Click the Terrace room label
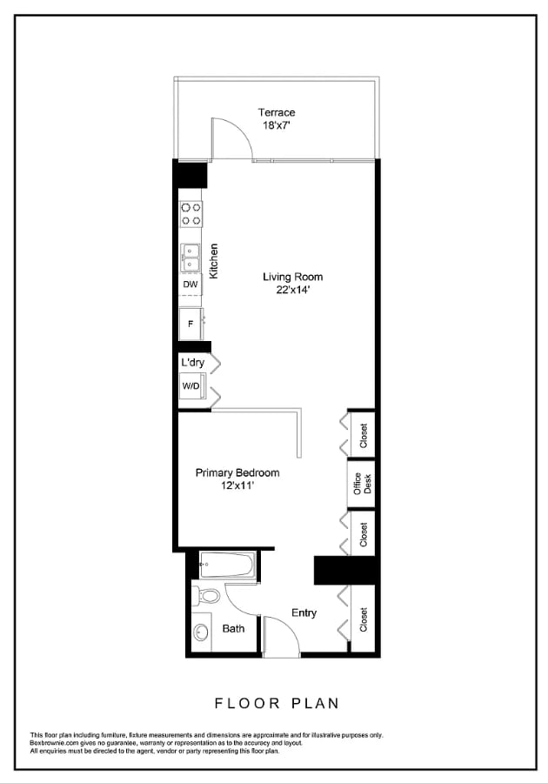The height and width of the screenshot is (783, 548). point(277,112)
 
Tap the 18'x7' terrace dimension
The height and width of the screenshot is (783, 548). point(277,125)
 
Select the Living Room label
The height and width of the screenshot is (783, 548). point(287,278)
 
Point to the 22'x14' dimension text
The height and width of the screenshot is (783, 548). point(287,291)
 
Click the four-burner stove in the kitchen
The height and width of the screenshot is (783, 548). point(190,213)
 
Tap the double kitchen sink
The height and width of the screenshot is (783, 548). point(190,258)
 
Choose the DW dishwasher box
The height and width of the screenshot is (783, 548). point(190,284)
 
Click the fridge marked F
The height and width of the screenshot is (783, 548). point(190,324)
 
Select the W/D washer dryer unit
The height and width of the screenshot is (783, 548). point(190,386)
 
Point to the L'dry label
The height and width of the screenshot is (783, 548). point(192,362)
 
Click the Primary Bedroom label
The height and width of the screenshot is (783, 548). point(237,472)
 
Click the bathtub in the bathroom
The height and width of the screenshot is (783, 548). point(226,567)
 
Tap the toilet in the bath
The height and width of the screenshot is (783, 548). point(206,598)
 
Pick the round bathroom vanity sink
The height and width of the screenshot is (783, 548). point(202,634)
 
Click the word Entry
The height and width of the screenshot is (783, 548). point(304,613)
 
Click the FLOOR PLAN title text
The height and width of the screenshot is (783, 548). point(276,703)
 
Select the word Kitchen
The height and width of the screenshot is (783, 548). point(213,260)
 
